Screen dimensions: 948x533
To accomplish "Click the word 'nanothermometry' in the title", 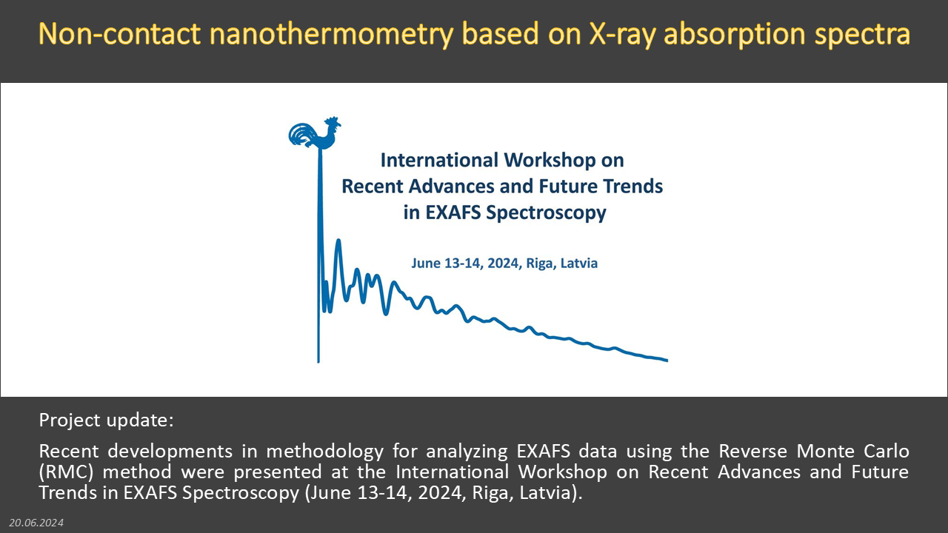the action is tap(331, 34).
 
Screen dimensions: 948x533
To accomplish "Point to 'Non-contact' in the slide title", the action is tap(119, 33).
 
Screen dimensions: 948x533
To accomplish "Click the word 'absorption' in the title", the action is tap(735, 35).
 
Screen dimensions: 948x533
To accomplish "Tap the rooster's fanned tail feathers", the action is tap(301, 135).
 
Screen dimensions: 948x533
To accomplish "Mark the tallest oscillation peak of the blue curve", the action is tap(338, 241).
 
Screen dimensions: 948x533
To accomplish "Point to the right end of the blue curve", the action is tap(667, 361).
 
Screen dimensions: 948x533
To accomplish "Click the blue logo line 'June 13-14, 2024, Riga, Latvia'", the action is tap(504, 263).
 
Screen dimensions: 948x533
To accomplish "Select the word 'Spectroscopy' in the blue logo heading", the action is tap(546, 212).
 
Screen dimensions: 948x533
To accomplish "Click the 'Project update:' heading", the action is tap(106, 420).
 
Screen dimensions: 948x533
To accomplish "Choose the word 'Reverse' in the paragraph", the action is tap(753, 451).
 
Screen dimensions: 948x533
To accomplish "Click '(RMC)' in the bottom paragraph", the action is tap(66, 472).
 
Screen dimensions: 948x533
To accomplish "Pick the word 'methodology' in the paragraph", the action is tap(324, 452).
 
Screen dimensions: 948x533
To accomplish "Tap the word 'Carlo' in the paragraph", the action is tap(887, 451).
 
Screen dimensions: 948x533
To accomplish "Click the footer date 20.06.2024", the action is tap(36, 523).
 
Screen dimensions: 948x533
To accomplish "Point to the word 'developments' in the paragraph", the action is tap(170, 452).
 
